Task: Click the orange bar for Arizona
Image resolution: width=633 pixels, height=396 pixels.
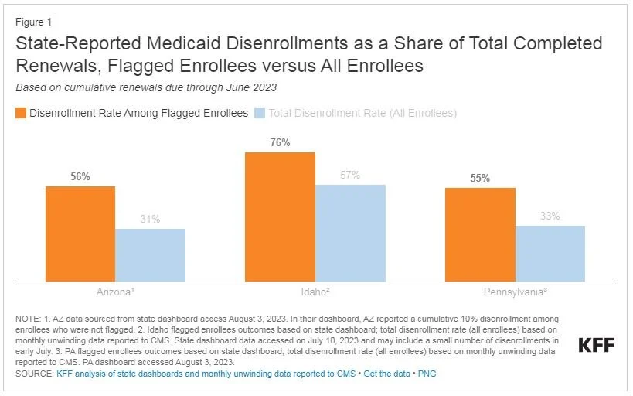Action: [x=80, y=234]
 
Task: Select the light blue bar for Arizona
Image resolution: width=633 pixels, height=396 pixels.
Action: [x=150, y=254]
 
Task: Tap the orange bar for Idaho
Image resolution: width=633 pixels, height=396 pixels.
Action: [x=280, y=217]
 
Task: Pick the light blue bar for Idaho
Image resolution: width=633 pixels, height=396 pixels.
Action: [x=350, y=232]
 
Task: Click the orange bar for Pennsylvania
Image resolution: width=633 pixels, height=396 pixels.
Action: [x=480, y=234]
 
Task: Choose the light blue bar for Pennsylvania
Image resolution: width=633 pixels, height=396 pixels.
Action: [x=550, y=253]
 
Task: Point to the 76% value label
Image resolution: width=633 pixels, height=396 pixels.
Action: [x=280, y=142]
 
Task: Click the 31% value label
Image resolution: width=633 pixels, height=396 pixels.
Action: [x=150, y=220]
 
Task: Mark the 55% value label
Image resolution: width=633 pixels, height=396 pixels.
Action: [x=480, y=178]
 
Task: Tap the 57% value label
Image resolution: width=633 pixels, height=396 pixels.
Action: [x=350, y=175]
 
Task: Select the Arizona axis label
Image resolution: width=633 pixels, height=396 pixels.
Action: [x=116, y=293]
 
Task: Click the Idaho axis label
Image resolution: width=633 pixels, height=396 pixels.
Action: [x=316, y=293]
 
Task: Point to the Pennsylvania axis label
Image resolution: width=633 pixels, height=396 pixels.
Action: [x=516, y=293]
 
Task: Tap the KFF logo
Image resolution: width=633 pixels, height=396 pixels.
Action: [x=597, y=345]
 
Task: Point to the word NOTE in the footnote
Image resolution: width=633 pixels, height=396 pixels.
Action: [x=28, y=318]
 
